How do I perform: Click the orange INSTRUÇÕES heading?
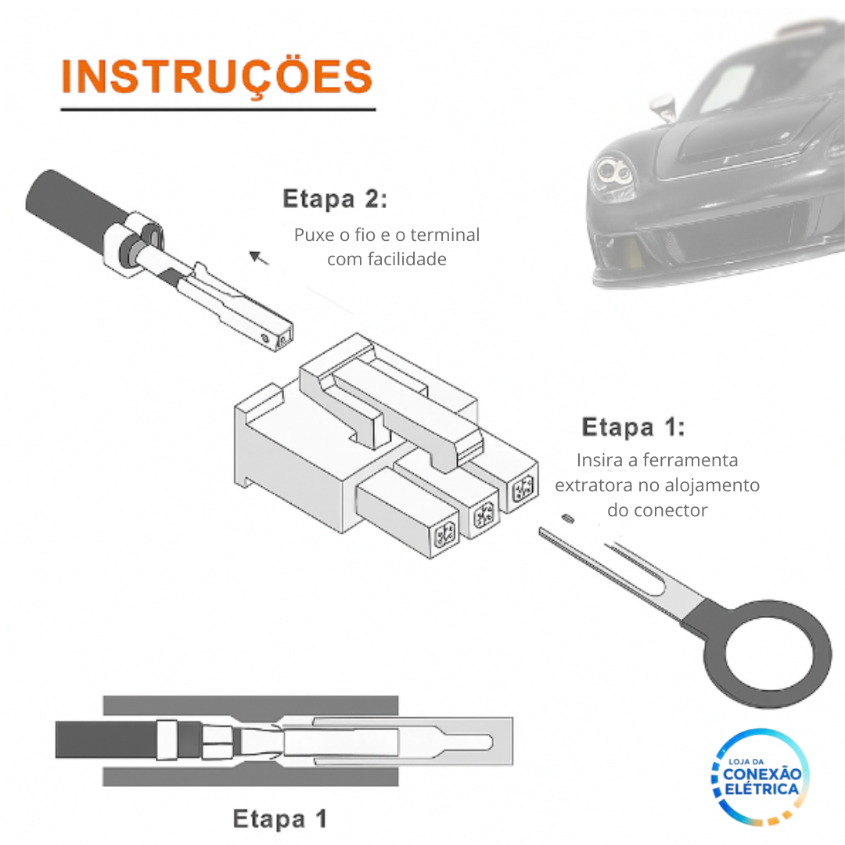coord(217,77)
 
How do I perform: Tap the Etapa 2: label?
coord(335,199)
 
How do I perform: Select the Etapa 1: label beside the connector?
coord(633,427)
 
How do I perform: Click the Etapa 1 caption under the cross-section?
coord(280,819)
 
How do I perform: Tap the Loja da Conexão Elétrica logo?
coord(760,777)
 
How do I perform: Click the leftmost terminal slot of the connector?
coord(444,535)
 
